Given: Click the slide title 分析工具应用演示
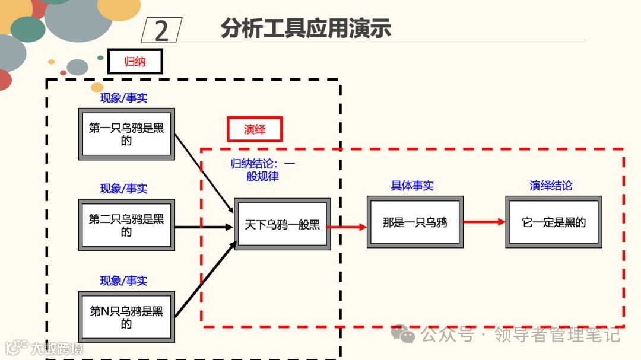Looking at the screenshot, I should pos(306,28).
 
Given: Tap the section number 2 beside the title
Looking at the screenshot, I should pos(161,30).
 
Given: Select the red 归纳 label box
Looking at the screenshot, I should pos(135,61).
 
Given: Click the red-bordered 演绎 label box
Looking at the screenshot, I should pos(255,129).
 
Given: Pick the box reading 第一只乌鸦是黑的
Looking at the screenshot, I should pos(126,134).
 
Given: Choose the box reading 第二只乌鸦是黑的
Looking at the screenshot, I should pos(126,225).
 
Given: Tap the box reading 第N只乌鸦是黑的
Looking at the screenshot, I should pos(126,317).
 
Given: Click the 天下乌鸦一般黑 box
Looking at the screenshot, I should pos(282,224).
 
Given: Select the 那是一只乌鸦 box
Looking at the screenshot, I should pos(415,222).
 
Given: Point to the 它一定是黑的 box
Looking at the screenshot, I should pos(554,222).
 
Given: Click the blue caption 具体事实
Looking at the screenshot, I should pos(412,186).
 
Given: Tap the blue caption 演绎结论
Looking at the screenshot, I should pos(551,186).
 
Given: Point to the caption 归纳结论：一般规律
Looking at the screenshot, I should pos(262,170).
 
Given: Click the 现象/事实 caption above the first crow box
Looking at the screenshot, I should pos(123,98).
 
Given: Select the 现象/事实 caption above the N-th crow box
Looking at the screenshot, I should pos(123,281).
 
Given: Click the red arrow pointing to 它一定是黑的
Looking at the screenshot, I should pos(484,222).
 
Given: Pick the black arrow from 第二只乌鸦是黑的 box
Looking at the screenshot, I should pos(204,227).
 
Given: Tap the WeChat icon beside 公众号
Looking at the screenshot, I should pos(407,334).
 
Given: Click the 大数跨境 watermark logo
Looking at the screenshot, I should pos(45,348).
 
